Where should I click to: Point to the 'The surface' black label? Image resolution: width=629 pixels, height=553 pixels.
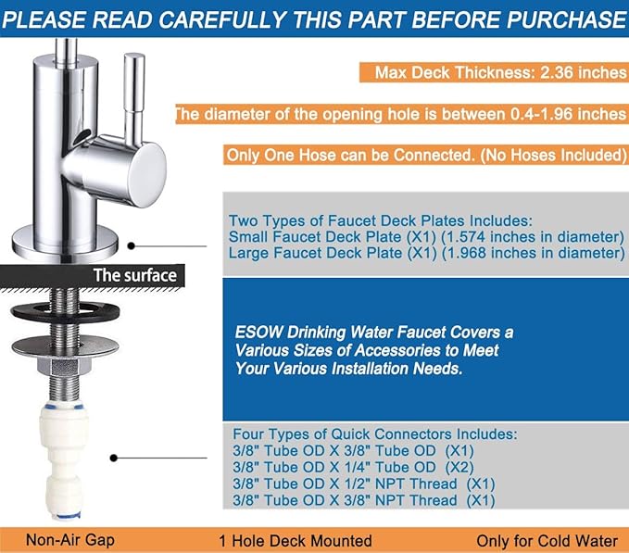[x=134, y=275]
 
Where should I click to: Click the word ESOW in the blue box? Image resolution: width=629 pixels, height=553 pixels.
[x=256, y=333]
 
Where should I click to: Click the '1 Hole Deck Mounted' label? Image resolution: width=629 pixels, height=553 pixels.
[x=295, y=540]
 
